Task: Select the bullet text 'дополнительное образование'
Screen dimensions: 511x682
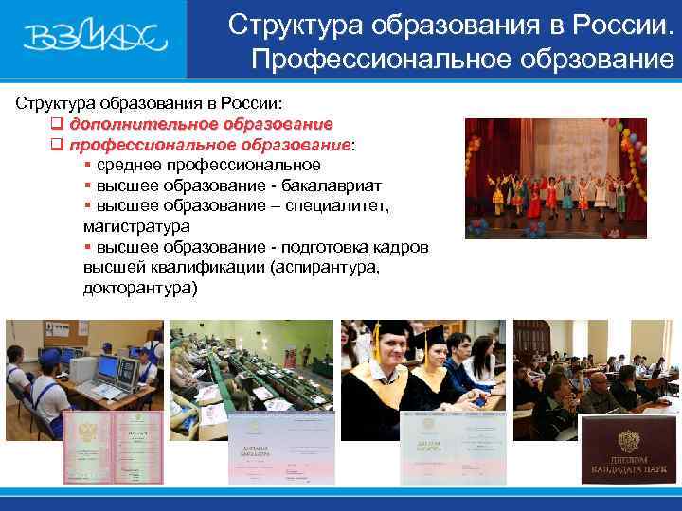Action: [x=200, y=124]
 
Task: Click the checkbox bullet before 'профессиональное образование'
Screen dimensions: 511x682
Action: [x=56, y=145]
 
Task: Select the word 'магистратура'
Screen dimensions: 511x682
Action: [x=136, y=226]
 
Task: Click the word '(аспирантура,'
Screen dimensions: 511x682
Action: [x=324, y=268]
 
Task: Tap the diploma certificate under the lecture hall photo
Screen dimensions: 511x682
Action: [x=279, y=449]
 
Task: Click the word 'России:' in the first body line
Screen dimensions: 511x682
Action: [x=256, y=102]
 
